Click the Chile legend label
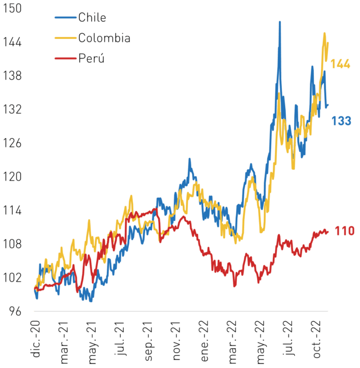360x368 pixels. click(92, 17)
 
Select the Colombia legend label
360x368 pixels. click(104, 38)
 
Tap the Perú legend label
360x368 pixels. click(91, 58)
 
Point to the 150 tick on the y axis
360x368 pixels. click(12, 8)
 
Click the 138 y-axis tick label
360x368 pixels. click(12, 76)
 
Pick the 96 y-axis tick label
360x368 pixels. click(15, 311)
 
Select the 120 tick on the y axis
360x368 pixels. click(12, 176)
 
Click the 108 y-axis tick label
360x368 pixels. click(12, 244)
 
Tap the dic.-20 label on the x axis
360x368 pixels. click(35, 339)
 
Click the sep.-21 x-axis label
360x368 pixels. click(148, 341)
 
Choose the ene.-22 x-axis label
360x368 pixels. click(204, 341)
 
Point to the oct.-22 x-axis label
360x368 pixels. click(317, 339)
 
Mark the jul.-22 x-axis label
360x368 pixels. click(289, 338)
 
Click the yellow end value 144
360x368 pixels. click(340, 64)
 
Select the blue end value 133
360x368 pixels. click(341, 121)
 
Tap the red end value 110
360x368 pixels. click(344, 231)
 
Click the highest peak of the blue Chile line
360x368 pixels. click(280, 22)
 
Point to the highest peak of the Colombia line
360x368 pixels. click(325, 33)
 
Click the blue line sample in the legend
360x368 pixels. click(66, 17)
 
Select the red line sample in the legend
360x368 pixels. click(66, 58)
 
